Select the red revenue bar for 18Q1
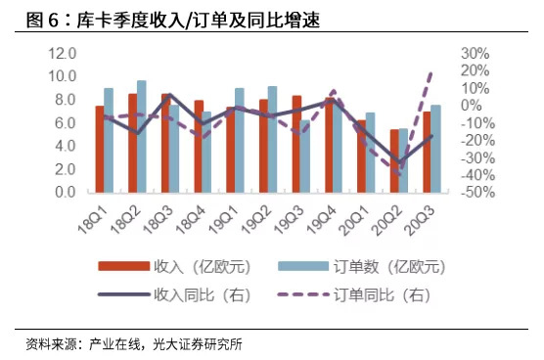[99, 149]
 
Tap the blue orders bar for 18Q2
[142, 137]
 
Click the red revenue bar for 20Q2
[394, 161]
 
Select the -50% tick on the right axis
[473, 193]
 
